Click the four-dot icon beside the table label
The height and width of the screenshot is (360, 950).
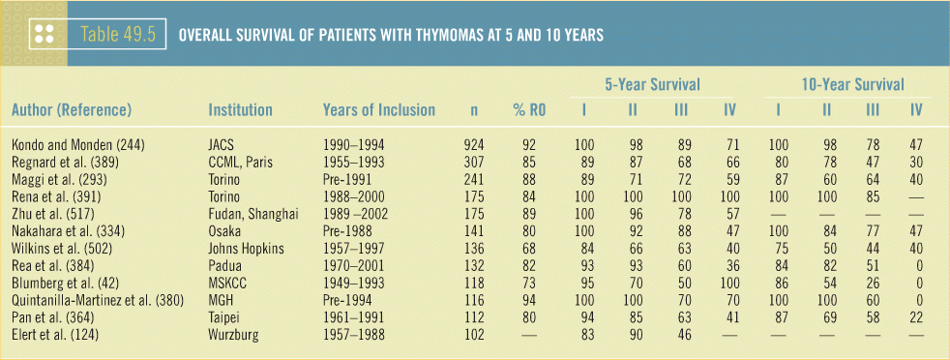pyautogui.click(x=45, y=35)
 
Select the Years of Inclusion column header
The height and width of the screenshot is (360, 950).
pyautogui.click(x=378, y=109)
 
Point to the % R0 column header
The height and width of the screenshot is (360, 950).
pyautogui.click(x=524, y=110)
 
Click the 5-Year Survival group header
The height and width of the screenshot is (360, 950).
pyautogui.click(x=652, y=84)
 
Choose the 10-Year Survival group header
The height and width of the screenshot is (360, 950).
pyautogui.click(x=853, y=84)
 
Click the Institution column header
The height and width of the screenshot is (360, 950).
pyautogui.click(x=240, y=109)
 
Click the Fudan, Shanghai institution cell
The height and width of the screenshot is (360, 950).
pyautogui.click(x=248, y=215)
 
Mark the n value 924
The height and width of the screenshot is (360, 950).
pyautogui.click(x=472, y=145)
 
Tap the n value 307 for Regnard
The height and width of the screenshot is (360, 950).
pyautogui.click(x=472, y=161)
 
